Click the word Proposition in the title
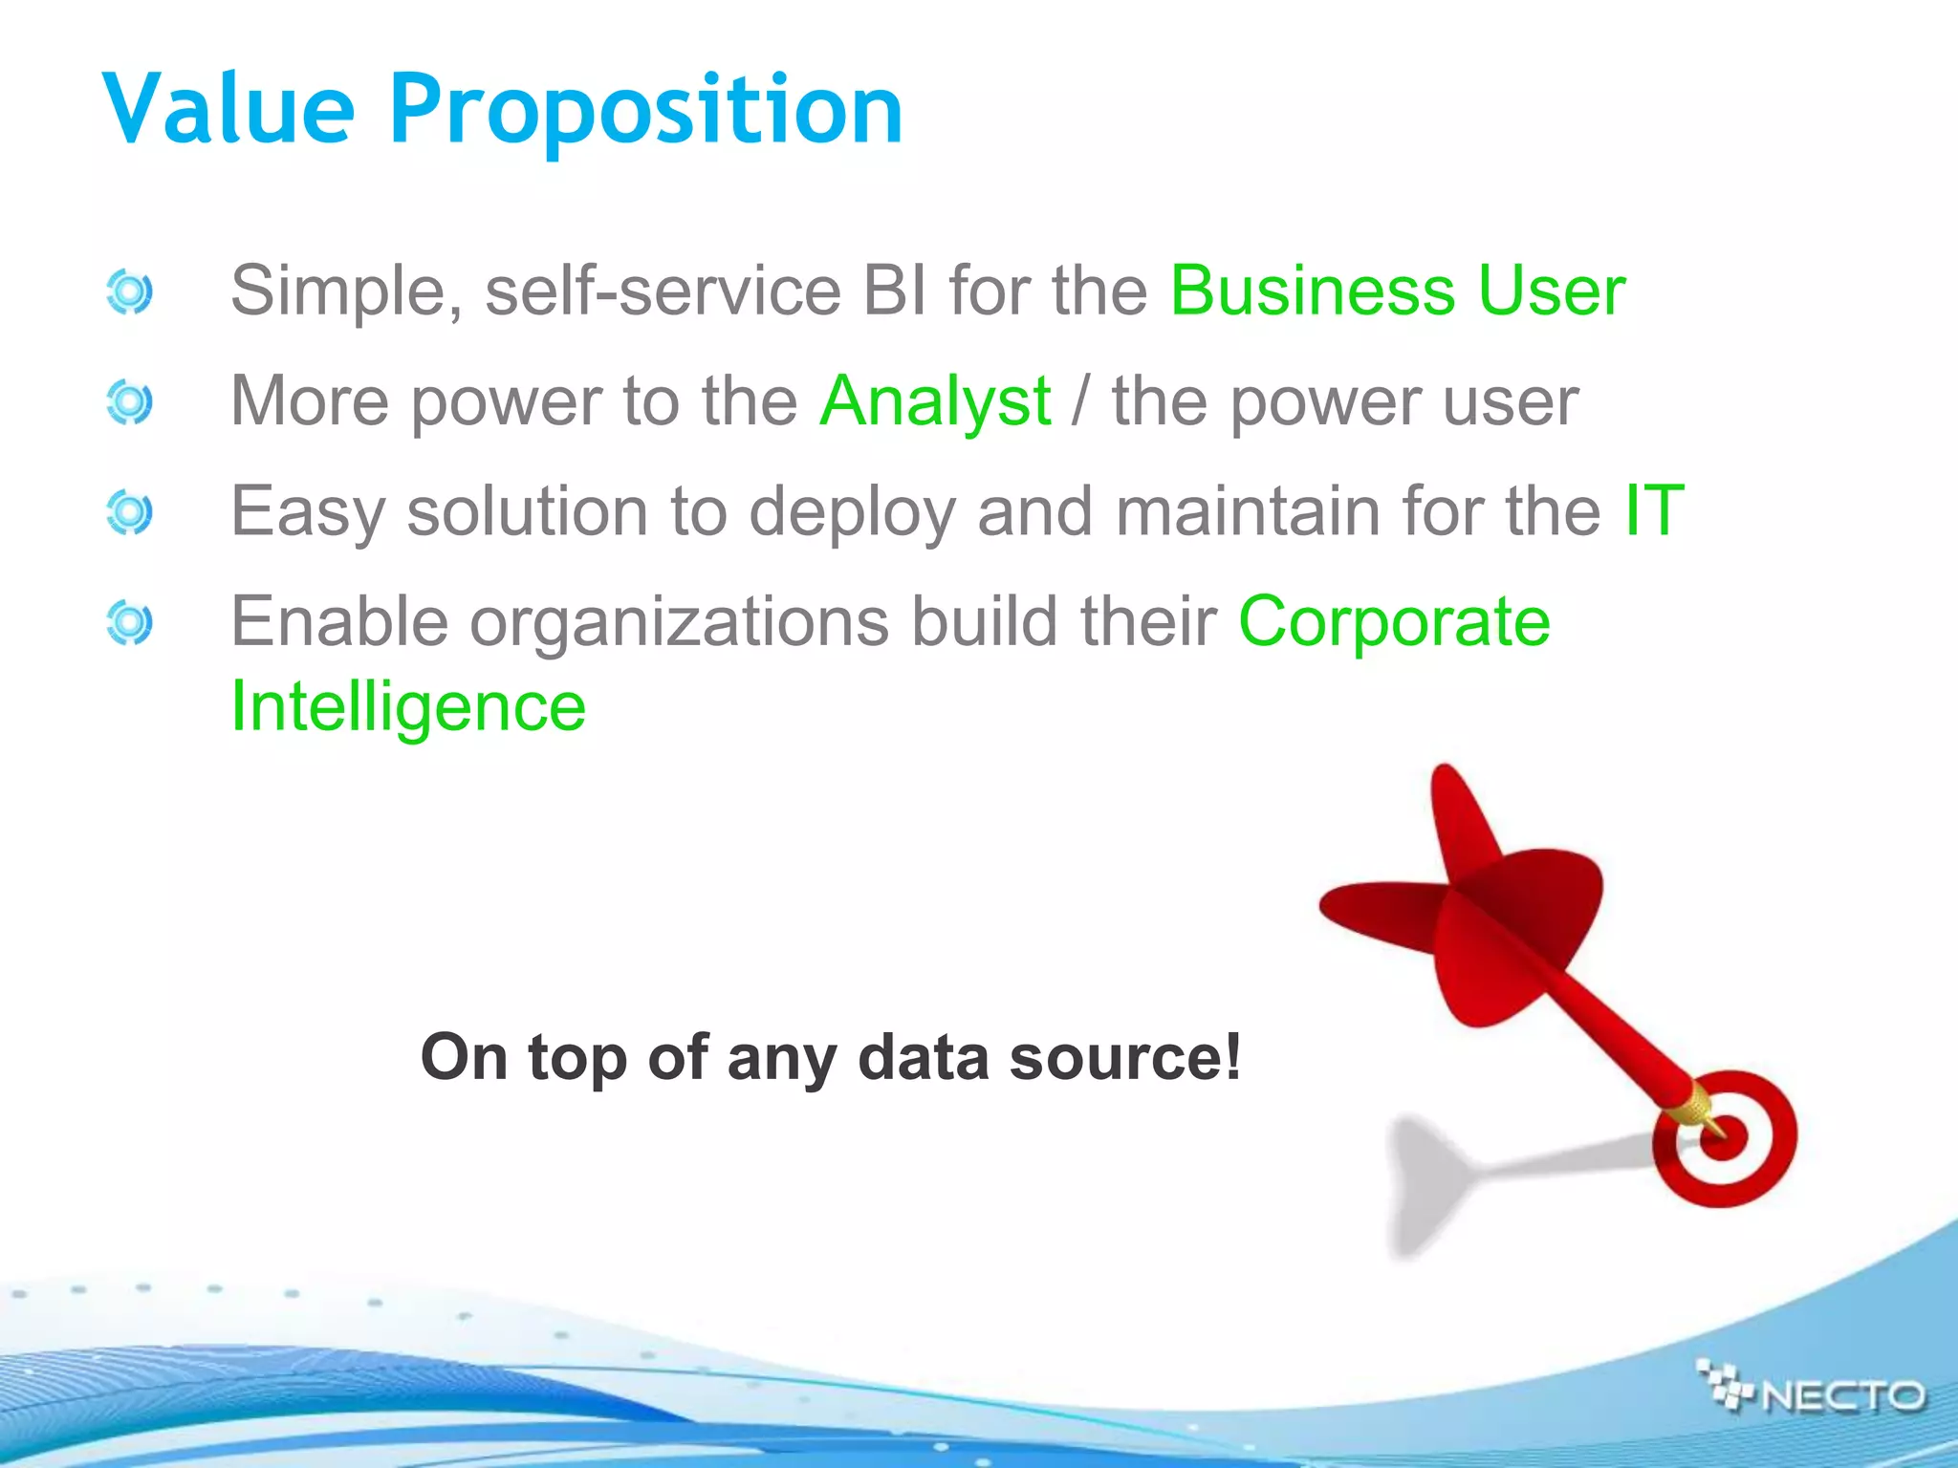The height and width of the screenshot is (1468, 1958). pos(646,113)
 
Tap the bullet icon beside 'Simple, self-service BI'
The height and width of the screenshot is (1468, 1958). pos(129,291)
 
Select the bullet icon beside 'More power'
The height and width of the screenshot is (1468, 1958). pos(129,402)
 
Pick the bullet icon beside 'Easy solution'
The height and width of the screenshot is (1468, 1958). pos(129,513)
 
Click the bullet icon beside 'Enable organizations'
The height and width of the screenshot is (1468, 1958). pos(129,623)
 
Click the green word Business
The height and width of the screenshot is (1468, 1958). pos(1312,291)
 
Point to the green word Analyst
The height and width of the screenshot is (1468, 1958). pos(935,401)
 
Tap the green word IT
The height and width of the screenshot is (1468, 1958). pos(1653,511)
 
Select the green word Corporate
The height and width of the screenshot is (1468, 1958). pos(1394,622)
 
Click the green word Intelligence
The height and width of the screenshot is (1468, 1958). pos(408,708)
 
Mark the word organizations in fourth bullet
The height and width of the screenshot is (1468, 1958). pos(679,623)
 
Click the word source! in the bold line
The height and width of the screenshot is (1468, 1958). pos(1125,1058)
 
